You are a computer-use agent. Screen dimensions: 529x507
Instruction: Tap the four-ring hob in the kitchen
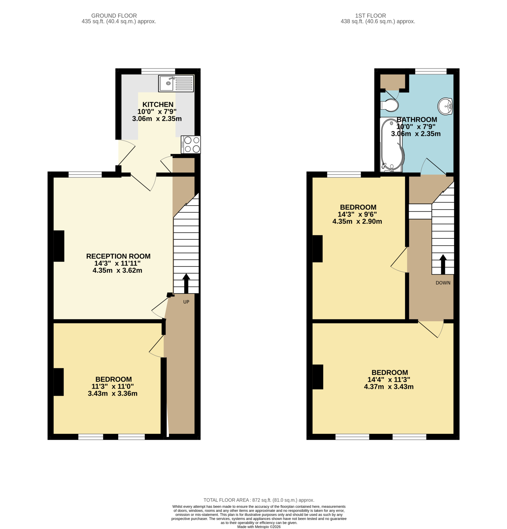click(x=191, y=144)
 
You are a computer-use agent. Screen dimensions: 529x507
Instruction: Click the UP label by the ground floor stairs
click(x=186, y=302)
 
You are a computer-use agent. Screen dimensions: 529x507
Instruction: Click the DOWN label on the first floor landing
click(x=443, y=283)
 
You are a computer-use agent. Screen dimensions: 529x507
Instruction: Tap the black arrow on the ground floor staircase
click(x=186, y=283)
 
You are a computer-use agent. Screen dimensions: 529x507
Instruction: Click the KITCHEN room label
click(x=158, y=104)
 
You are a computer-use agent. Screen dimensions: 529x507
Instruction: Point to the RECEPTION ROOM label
click(x=118, y=256)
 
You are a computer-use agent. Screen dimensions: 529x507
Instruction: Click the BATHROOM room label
click(x=417, y=120)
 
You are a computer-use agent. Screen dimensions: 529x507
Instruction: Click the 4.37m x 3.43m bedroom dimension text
click(x=388, y=386)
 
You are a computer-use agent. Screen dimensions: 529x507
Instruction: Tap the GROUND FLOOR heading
click(x=114, y=16)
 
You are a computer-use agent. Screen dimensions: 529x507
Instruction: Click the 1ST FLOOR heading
click(x=370, y=16)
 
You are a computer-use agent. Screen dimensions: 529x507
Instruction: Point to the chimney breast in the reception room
click(x=59, y=246)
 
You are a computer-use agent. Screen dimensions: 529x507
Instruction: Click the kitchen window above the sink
click(x=158, y=71)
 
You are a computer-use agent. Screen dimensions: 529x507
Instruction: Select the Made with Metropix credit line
click(x=259, y=527)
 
